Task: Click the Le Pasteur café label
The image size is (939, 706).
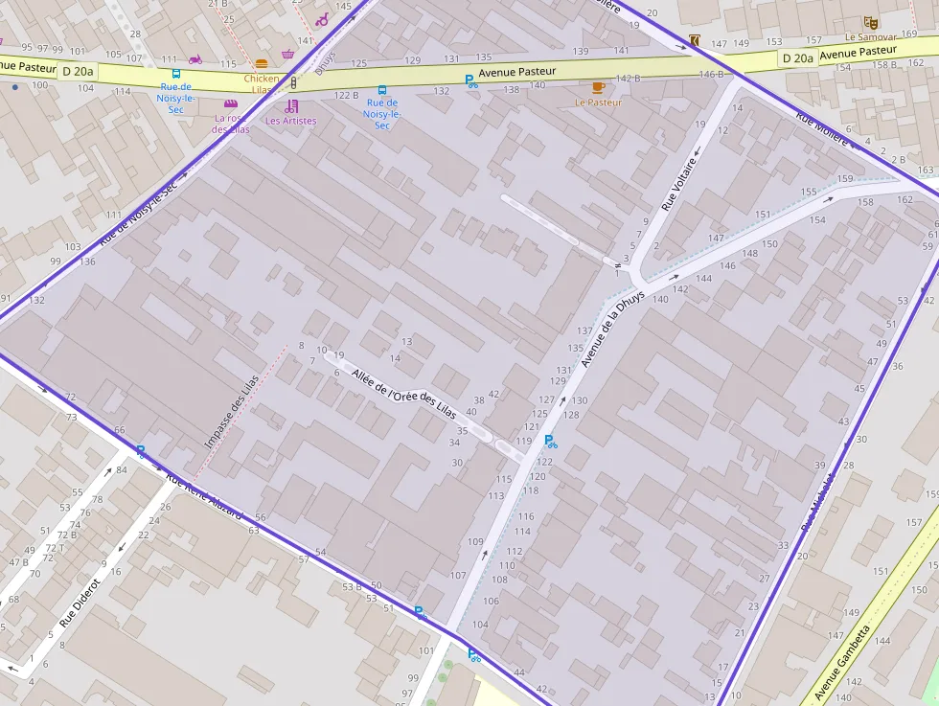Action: click(598, 102)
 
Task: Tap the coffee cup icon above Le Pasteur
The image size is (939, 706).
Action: click(598, 87)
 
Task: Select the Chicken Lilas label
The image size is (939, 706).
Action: click(262, 84)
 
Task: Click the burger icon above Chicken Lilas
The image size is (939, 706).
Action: click(262, 64)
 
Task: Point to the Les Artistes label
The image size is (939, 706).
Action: click(290, 121)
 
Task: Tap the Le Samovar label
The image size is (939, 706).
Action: click(869, 37)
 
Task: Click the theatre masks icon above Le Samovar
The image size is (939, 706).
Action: click(870, 22)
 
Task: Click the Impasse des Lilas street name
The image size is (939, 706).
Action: click(232, 412)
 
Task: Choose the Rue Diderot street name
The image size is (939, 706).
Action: click(80, 602)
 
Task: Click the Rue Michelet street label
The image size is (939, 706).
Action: click(817, 500)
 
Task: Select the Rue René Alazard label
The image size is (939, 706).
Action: click(204, 496)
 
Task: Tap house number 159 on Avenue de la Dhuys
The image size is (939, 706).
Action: click(845, 179)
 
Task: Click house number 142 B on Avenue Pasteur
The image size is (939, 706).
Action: click(628, 79)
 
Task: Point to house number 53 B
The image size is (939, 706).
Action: click(352, 586)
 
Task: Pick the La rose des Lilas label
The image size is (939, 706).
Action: click(230, 125)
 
